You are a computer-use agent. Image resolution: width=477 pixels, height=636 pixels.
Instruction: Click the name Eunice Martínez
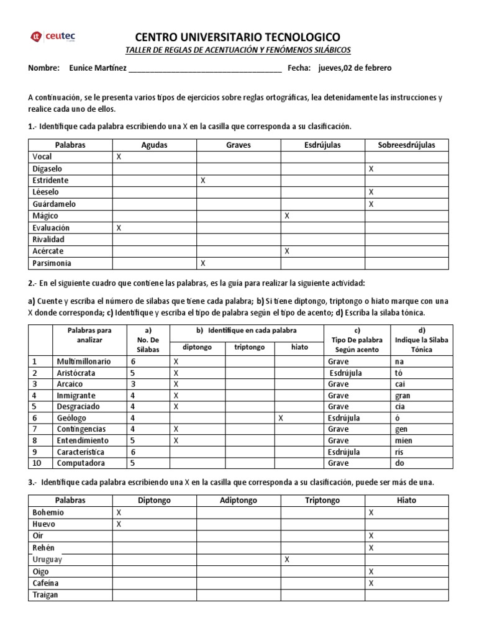(x=95, y=68)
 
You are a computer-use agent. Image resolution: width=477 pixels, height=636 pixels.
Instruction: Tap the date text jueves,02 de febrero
(x=355, y=68)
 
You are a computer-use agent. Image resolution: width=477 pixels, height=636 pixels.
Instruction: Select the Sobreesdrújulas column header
(x=406, y=145)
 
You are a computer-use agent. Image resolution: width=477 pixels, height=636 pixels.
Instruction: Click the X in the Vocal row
(x=119, y=157)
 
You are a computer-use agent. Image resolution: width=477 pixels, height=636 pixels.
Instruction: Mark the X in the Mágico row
(x=287, y=216)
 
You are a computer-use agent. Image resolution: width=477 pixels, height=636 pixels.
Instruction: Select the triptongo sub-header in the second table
(x=248, y=348)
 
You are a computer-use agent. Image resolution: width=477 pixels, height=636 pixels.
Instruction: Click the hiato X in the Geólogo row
(x=281, y=418)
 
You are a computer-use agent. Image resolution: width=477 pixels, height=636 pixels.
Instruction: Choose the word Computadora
(x=81, y=463)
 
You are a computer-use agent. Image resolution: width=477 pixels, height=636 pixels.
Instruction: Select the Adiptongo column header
(x=238, y=500)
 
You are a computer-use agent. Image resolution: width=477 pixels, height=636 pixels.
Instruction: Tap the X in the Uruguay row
(x=287, y=560)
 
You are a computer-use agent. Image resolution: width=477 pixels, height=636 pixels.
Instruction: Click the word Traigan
(x=45, y=595)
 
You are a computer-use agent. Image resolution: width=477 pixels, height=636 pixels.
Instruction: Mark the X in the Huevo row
(x=119, y=524)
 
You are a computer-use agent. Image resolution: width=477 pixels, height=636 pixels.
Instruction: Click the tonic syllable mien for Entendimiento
(x=402, y=441)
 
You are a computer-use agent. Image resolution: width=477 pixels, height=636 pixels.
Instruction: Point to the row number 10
(x=37, y=463)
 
